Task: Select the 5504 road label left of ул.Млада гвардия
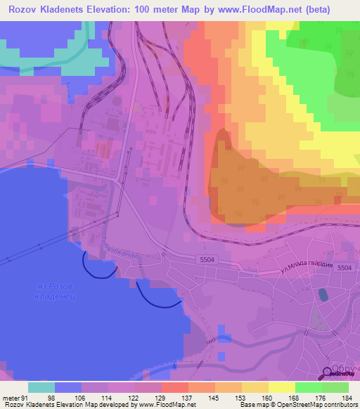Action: click(205, 259)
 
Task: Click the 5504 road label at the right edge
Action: click(344, 268)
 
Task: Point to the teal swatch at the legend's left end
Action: click(41, 387)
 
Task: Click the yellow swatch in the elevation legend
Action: click(282, 387)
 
